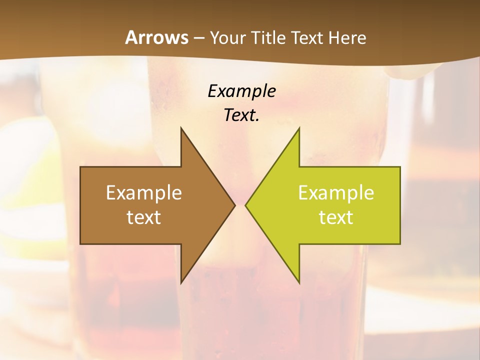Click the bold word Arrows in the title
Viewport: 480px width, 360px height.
pyautogui.click(x=156, y=38)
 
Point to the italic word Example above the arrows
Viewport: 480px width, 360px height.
pyautogui.click(x=241, y=91)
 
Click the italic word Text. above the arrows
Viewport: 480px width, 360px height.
pyautogui.click(x=241, y=115)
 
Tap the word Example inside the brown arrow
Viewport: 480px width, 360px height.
pyautogui.click(x=144, y=193)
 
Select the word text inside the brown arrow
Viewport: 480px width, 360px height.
pyautogui.click(x=144, y=217)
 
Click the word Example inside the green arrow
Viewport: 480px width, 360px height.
pyautogui.click(x=336, y=193)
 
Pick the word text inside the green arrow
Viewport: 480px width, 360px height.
pyautogui.click(x=336, y=217)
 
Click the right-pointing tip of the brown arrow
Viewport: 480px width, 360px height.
pyautogui.click(x=234, y=205)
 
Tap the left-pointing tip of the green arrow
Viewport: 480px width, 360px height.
pyautogui.click(x=245, y=205)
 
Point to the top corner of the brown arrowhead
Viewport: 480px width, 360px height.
pyautogui.click(x=181, y=128)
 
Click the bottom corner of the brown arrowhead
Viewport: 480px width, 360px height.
pyautogui.click(x=181, y=283)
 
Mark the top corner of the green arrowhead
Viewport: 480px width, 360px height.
pyautogui.click(x=299, y=128)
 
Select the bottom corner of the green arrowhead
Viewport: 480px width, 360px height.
pyautogui.click(x=299, y=283)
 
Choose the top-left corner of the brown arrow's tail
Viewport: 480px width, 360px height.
pyautogui.click(x=80, y=167)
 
